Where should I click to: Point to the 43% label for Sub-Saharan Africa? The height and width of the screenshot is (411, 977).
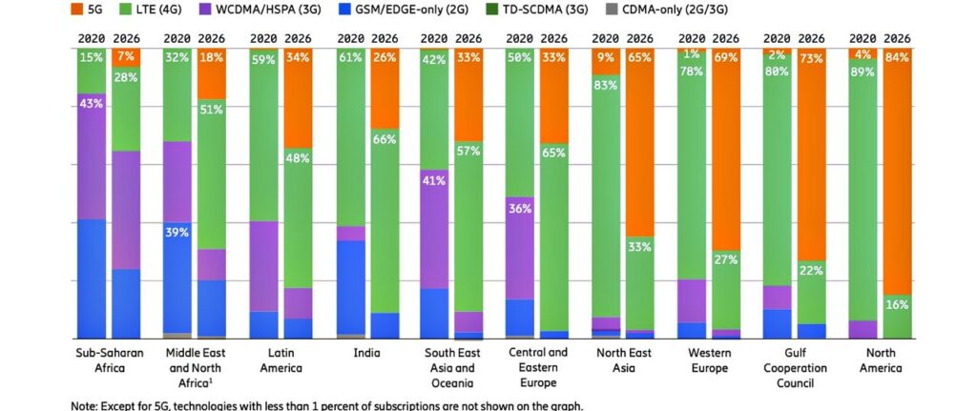tap(92, 103)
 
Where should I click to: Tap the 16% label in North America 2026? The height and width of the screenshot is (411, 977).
tap(895, 305)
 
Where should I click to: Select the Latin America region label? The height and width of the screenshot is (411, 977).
tap(283, 360)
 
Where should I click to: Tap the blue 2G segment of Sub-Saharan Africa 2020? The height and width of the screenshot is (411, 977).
tap(92, 278)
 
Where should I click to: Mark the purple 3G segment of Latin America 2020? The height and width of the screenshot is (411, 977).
tap(263, 267)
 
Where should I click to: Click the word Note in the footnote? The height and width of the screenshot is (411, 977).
tap(84, 404)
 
